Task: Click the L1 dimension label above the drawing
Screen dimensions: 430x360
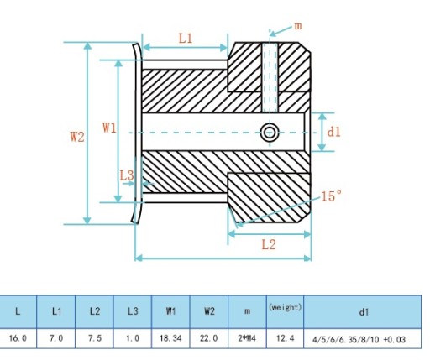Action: click(186, 39)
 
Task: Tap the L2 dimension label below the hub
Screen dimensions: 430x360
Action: click(269, 245)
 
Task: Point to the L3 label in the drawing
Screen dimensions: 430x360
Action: click(127, 175)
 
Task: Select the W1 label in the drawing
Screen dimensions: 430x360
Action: click(109, 128)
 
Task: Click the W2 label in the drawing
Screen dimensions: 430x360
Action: click(77, 137)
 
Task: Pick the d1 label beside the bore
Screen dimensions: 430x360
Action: click(334, 132)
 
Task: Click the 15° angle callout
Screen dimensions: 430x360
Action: click(332, 196)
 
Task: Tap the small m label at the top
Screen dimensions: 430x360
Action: click(298, 26)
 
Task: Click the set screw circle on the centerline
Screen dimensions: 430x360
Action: click(270, 133)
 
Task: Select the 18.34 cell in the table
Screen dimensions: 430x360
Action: click(170, 338)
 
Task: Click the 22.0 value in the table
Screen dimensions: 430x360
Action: click(209, 338)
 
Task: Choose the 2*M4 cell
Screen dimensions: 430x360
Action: click(247, 338)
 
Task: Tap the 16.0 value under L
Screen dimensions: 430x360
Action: click(18, 338)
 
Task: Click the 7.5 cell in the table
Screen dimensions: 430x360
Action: click(94, 338)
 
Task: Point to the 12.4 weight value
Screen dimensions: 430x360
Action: click(285, 338)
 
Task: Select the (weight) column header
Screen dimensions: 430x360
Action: click(285, 307)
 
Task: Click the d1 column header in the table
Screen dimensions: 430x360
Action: click(364, 311)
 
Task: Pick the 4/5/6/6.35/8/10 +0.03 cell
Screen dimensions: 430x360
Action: click(359, 340)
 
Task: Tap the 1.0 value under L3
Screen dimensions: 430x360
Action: click(133, 338)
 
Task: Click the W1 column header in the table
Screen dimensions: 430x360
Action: click(170, 311)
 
